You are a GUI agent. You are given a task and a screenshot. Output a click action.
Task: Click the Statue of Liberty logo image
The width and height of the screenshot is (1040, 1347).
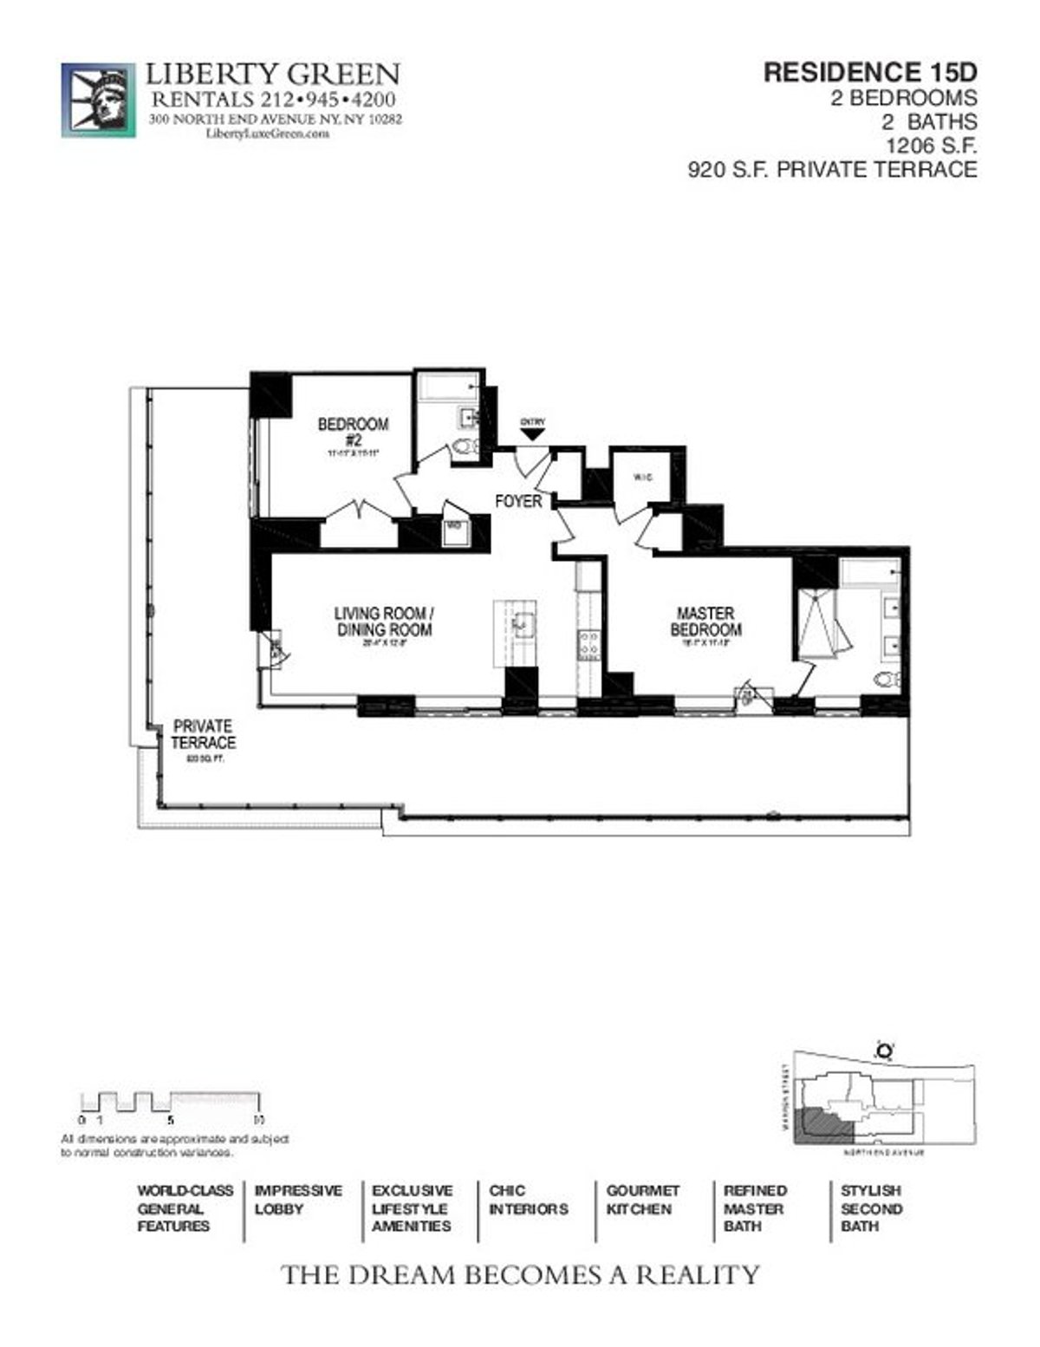pyautogui.click(x=98, y=100)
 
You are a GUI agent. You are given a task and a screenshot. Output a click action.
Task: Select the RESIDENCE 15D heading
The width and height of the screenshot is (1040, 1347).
pyautogui.click(x=869, y=73)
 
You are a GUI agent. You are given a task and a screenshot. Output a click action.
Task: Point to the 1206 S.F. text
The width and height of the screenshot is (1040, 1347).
pyautogui.click(x=931, y=145)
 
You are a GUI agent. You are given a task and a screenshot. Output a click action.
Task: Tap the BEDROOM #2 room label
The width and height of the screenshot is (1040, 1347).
pyautogui.click(x=353, y=432)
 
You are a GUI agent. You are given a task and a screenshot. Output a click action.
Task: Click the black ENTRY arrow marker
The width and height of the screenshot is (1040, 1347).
pyautogui.click(x=533, y=433)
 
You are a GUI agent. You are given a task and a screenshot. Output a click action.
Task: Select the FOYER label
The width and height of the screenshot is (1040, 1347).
pyautogui.click(x=518, y=501)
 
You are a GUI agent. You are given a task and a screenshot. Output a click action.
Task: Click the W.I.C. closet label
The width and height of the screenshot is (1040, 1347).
pyautogui.click(x=642, y=478)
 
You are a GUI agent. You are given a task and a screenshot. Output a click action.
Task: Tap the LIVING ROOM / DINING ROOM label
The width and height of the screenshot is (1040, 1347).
pyautogui.click(x=384, y=621)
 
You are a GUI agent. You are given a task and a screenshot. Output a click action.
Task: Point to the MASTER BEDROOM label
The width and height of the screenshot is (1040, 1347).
pyautogui.click(x=705, y=621)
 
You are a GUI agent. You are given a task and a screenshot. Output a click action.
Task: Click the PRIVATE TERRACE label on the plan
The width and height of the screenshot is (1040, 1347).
pyautogui.click(x=203, y=734)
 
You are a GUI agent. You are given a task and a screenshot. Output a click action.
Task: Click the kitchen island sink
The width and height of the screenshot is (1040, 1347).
pyautogui.click(x=523, y=622)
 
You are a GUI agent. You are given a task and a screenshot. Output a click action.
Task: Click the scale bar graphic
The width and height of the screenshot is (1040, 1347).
pyautogui.click(x=171, y=1102)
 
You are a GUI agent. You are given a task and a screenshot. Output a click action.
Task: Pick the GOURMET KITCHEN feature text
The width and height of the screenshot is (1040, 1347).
pyautogui.click(x=642, y=1200)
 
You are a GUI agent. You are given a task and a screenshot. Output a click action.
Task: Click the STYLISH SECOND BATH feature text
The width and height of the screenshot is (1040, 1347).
pyautogui.click(x=871, y=1208)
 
